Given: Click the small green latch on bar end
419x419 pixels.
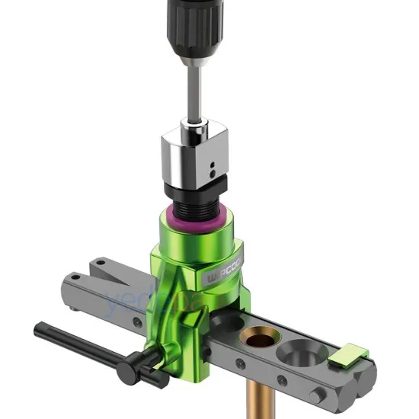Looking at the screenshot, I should (353, 352).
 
